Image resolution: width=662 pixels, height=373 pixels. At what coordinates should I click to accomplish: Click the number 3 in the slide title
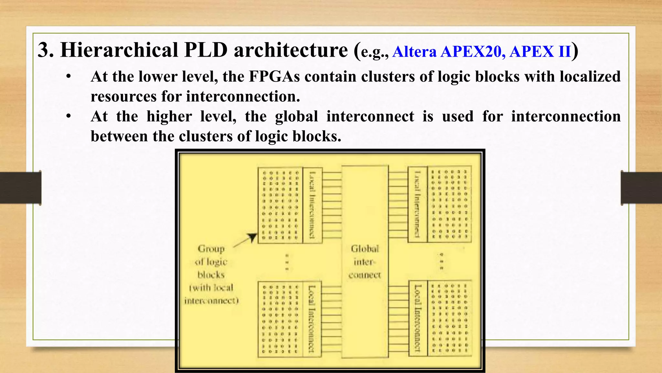pos(46,51)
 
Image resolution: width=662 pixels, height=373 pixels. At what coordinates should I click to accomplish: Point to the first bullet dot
pos(68,77)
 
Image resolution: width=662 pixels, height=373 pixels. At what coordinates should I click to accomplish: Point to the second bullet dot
pos(68,117)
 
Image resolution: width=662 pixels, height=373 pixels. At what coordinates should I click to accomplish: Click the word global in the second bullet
pos(296,117)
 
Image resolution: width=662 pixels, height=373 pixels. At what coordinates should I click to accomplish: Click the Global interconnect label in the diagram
pos(365,262)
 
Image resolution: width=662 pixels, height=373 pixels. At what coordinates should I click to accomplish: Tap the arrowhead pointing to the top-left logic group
pos(252,237)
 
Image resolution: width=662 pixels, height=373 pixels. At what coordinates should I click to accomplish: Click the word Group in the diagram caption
pos(211,249)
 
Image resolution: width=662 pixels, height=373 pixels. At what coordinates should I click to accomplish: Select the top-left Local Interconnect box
pos(312,205)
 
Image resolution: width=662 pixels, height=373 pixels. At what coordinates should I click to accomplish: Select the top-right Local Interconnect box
pos(418,204)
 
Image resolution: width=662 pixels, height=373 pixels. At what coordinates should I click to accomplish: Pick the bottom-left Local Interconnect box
pos(312,319)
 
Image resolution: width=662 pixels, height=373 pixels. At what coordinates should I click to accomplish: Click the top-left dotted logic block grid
pos(280,205)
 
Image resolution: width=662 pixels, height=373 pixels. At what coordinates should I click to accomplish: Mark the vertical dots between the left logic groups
pos(287,262)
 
